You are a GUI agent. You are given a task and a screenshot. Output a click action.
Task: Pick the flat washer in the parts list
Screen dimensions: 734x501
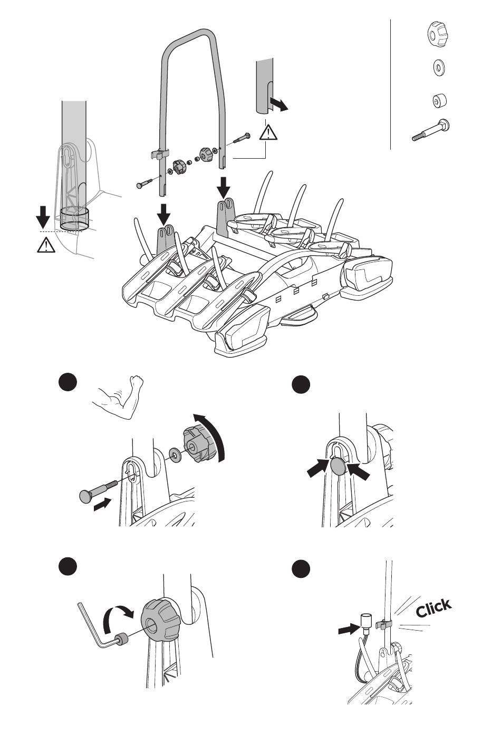(437, 67)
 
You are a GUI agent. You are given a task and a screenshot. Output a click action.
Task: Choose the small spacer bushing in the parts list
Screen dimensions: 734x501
(437, 100)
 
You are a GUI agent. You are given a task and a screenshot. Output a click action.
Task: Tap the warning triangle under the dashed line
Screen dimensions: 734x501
(46, 245)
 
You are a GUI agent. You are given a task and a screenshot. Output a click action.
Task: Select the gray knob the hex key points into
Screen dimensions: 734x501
(160, 620)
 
